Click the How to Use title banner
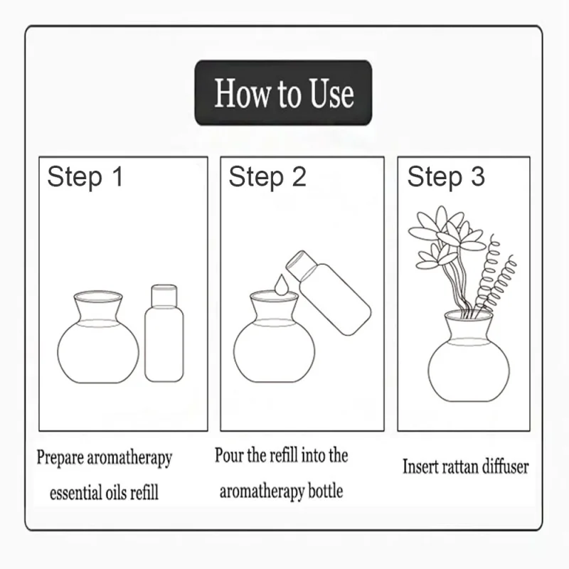283,93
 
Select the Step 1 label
85,177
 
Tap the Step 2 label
267,177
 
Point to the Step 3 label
446,177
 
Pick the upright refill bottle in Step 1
164,338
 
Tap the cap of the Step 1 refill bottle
164,293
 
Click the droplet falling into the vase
282,284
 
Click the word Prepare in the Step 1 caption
60,458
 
